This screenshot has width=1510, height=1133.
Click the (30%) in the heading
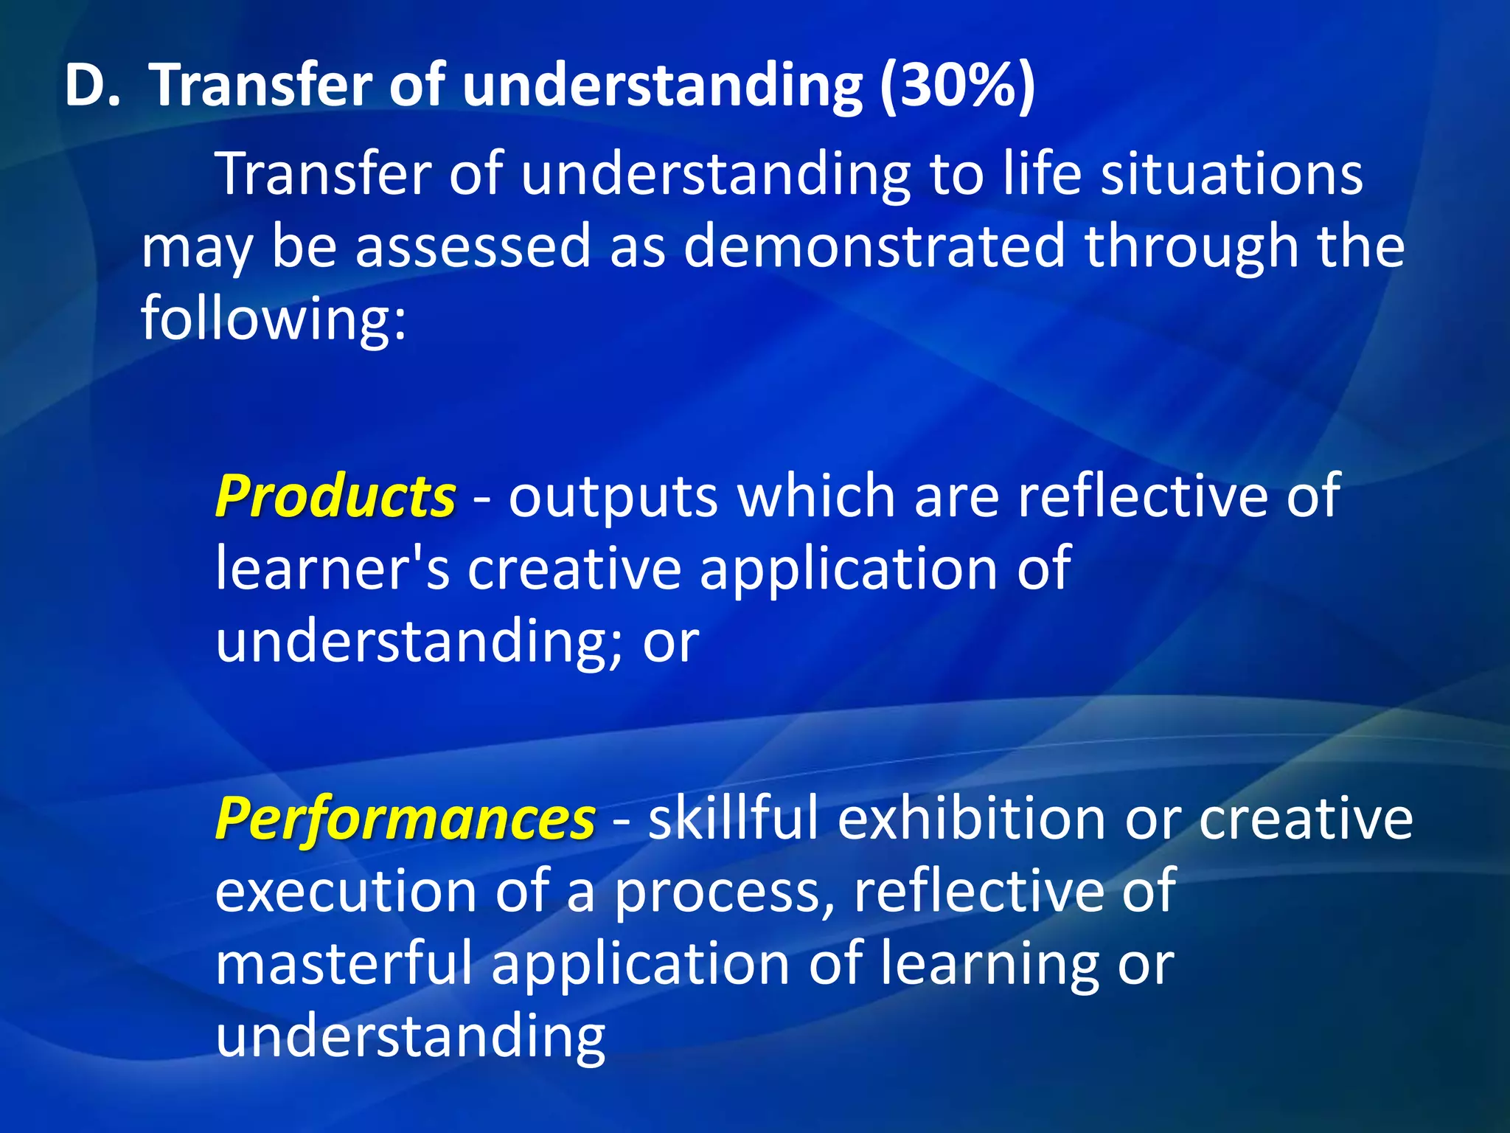click(x=957, y=87)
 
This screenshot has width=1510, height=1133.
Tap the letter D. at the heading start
click(x=91, y=86)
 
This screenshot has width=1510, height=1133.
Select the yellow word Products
click(x=335, y=496)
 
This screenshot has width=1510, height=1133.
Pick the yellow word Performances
click(x=405, y=819)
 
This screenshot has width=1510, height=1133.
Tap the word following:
click(x=274, y=319)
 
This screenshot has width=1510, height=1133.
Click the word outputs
click(x=613, y=497)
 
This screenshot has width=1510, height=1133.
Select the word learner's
click(x=332, y=569)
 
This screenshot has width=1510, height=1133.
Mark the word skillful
click(x=733, y=819)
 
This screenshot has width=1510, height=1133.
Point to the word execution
click(x=346, y=891)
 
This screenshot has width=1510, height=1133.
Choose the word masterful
click(x=344, y=963)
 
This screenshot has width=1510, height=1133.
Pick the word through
click(x=1191, y=247)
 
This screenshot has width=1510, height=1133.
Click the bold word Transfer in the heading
click(x=262, y=86)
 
